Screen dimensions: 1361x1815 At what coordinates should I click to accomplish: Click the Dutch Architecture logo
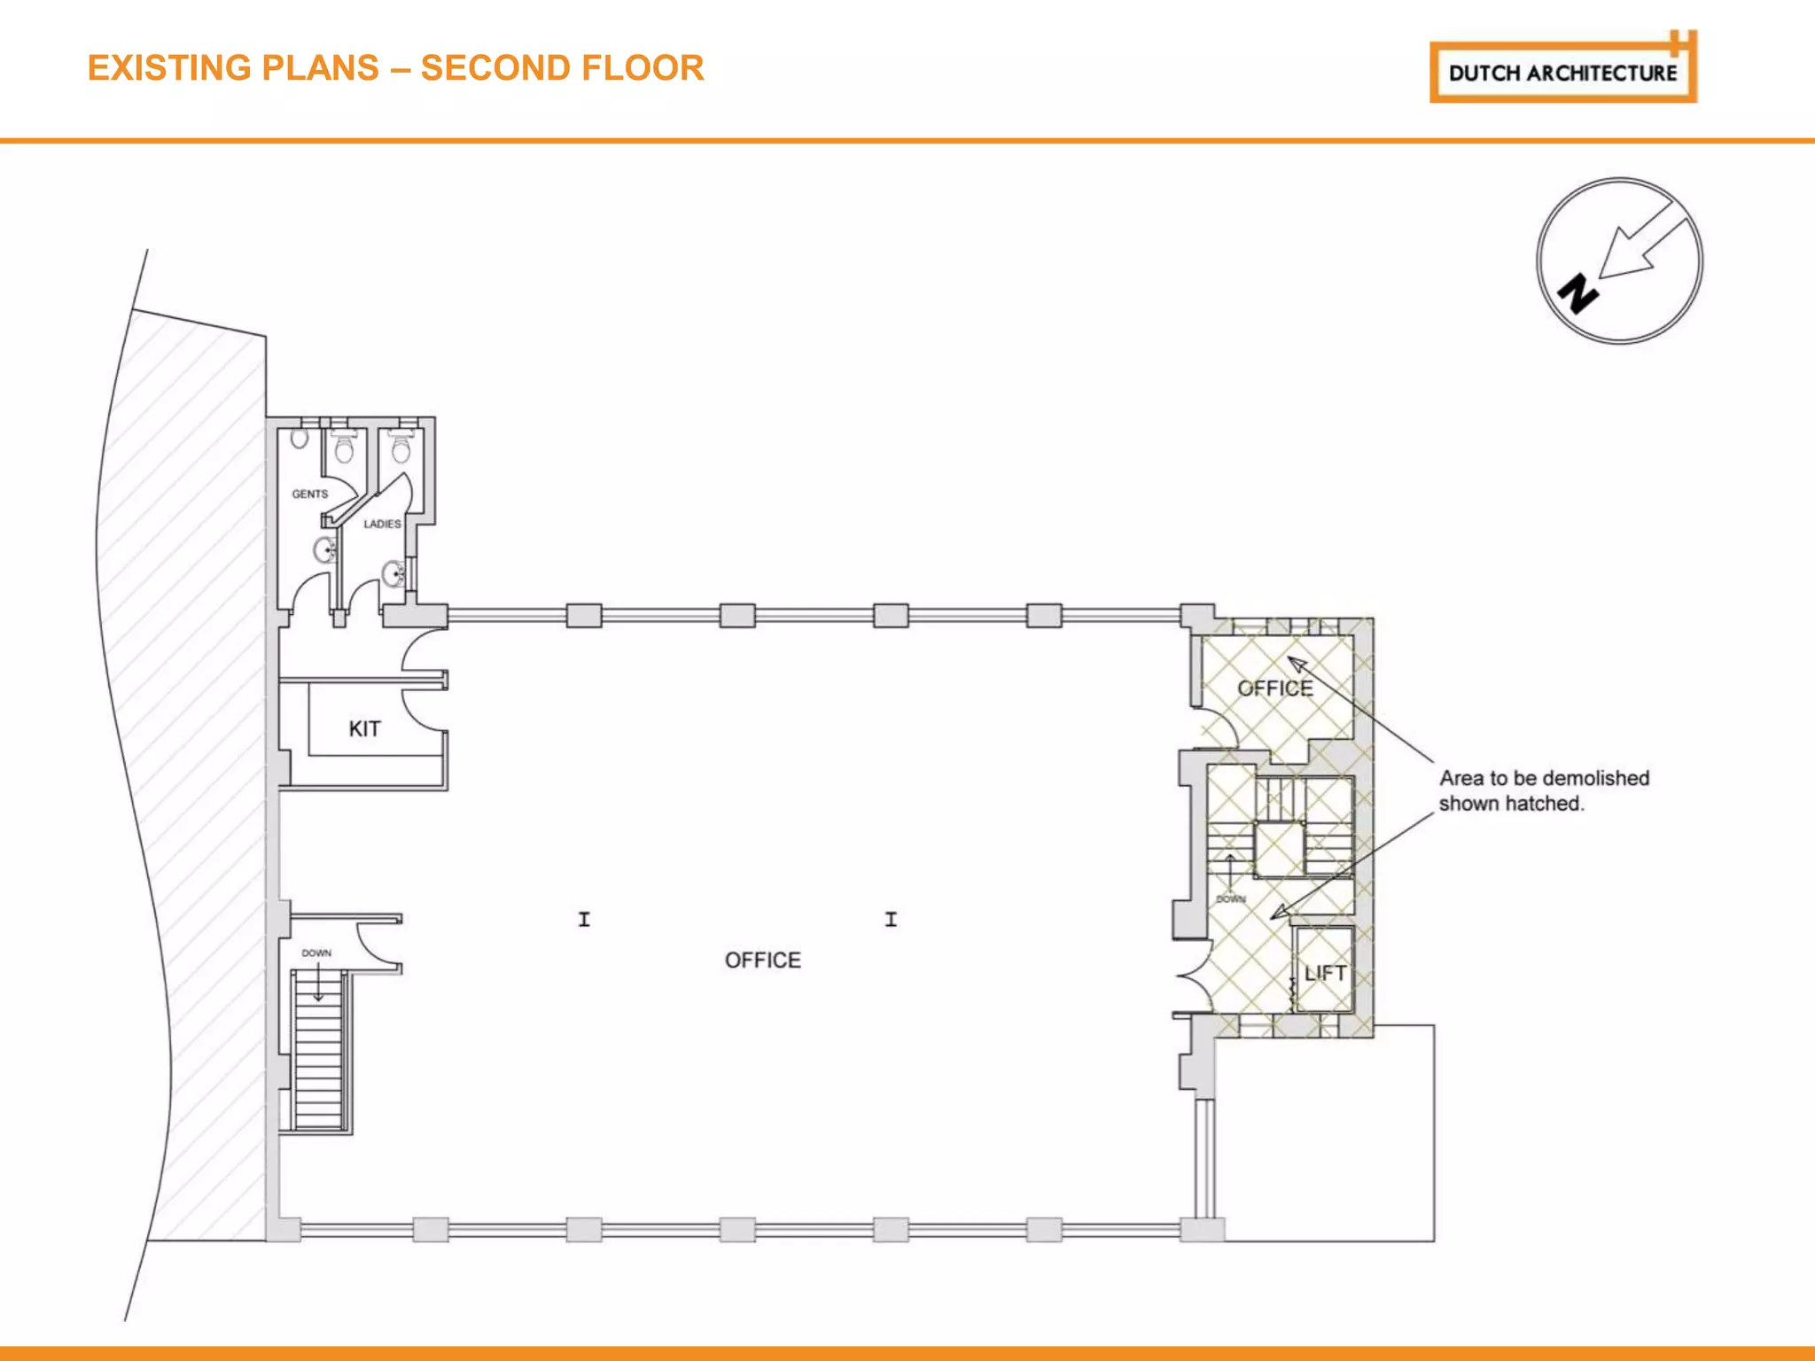(1562, 72)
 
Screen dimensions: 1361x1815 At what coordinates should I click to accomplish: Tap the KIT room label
(364, 728)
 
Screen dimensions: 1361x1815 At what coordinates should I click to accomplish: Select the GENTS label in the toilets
(309, 494)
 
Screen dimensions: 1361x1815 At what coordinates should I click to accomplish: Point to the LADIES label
(382, 524)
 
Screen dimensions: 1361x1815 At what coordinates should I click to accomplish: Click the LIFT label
(1325, 973)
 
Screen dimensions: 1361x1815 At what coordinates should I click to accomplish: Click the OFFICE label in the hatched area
(1274, 688)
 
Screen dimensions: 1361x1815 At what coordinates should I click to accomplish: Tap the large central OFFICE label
(762, 960)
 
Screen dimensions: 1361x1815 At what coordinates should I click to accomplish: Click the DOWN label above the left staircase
(316, 953)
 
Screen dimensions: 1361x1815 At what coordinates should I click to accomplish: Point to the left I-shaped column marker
(584, 919)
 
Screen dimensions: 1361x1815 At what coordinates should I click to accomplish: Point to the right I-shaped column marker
(891, 919)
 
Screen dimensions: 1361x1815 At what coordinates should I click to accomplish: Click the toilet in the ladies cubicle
(401, 448)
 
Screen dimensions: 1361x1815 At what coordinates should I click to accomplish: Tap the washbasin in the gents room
(325, 550)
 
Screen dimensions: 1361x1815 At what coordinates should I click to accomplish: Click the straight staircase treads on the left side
(318, 1063)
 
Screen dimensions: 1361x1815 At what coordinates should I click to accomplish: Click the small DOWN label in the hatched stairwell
(1230, 898)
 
